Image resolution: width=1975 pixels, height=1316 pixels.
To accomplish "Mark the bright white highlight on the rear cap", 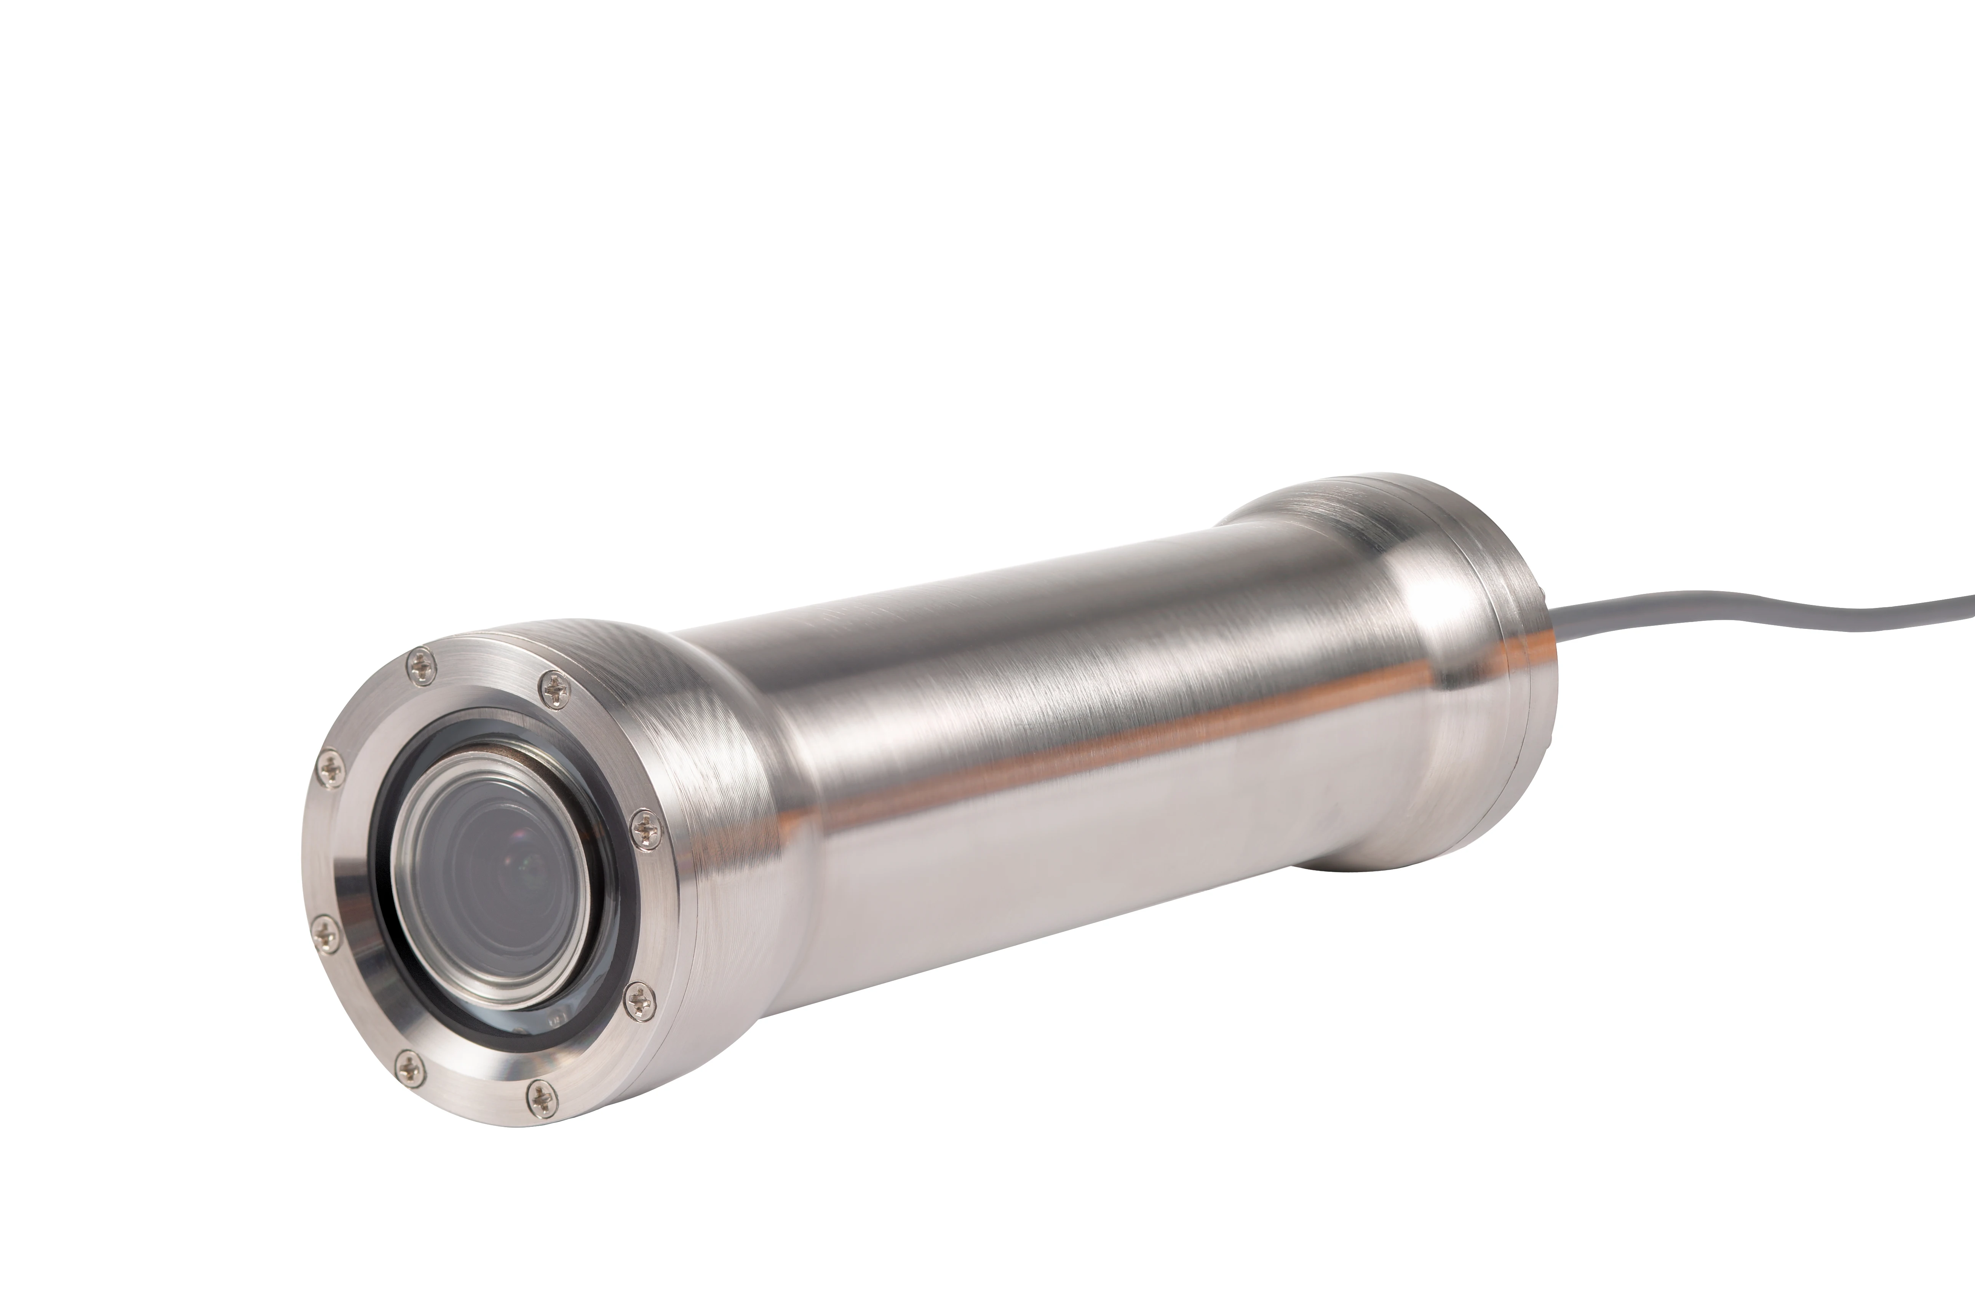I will (1427, 600).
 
